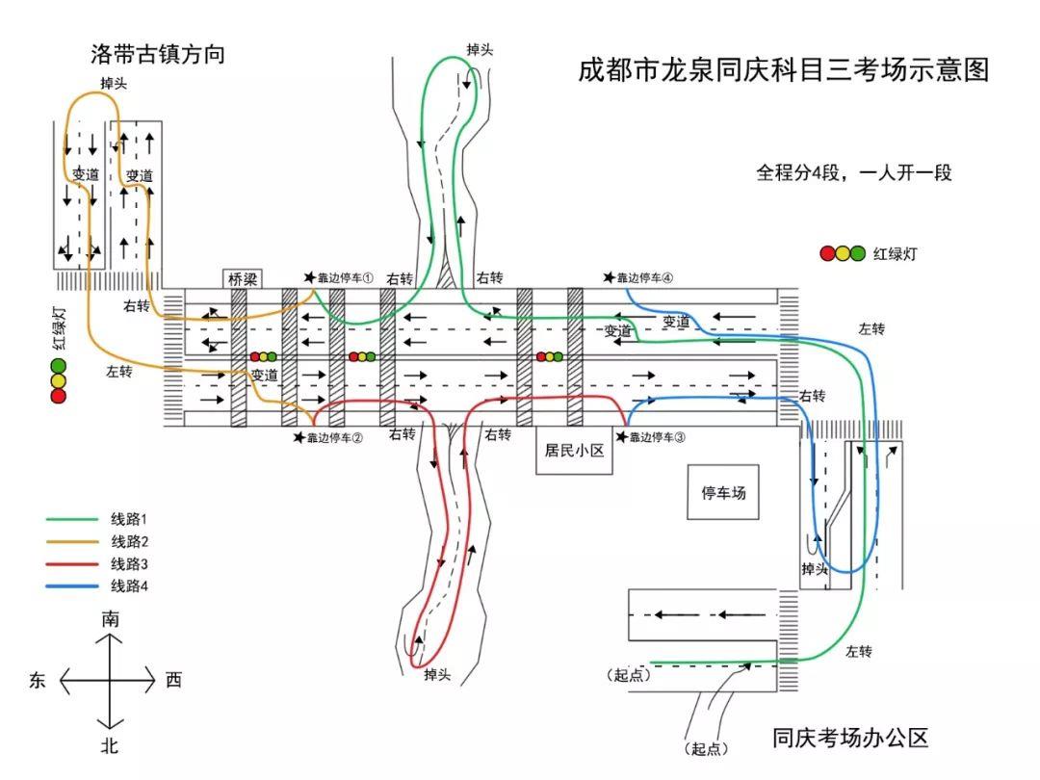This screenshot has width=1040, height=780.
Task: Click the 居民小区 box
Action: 574,450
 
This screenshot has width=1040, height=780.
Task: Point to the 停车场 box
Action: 723,493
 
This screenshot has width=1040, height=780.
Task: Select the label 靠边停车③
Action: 657,437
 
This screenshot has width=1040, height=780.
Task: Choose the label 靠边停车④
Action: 645,277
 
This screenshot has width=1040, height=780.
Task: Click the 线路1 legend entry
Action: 129,519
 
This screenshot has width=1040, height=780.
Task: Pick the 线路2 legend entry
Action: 129,541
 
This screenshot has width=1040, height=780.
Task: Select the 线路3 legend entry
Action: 129,563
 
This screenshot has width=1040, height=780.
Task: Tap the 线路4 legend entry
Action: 129,585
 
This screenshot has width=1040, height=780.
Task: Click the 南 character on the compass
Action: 111,620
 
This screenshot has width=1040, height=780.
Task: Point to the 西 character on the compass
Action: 173,681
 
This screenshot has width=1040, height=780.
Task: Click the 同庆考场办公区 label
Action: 850,739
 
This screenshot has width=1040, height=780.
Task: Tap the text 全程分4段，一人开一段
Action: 853,173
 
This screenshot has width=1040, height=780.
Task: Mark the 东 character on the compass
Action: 39,681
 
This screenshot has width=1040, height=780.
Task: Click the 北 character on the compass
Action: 110,744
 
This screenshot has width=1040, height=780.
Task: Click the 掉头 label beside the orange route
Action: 114,84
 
